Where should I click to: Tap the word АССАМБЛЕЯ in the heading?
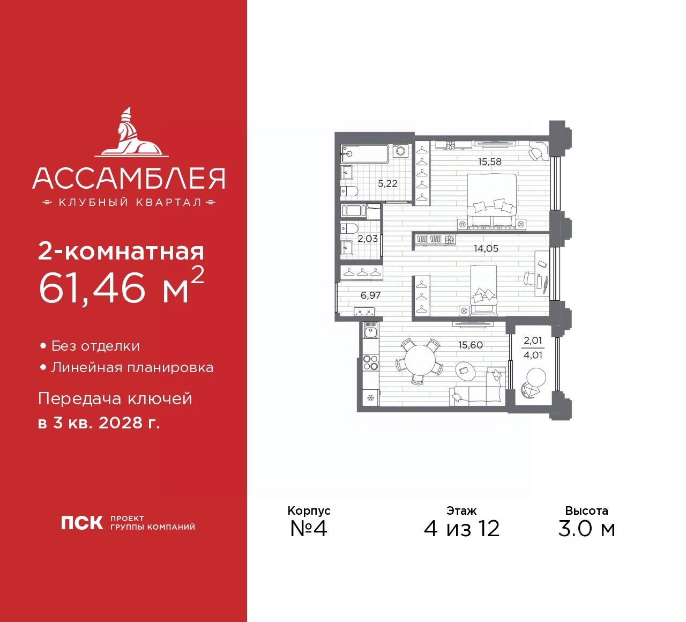tap(129, 179)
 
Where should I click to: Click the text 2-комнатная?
tap(121, 251)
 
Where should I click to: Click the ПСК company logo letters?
tap(81, 523)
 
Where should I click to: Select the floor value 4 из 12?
tap(461, 529)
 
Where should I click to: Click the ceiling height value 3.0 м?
tap(586, 529)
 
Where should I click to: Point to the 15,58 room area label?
tap(490, 161)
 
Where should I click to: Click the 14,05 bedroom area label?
tap(486, 248)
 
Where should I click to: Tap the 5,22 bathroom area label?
tap(387, 183)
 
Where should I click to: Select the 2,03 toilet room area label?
tap(368, 239)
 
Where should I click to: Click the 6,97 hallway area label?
tap(370, 295)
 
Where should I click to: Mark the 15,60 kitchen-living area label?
tap(470, 345)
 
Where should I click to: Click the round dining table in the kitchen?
tap(420, 362)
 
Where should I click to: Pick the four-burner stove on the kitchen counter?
tap(370, 362)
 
